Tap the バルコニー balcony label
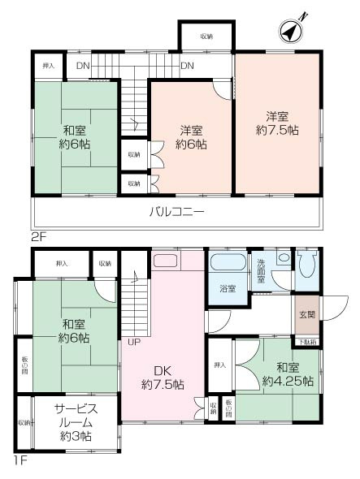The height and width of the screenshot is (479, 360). [176, 213]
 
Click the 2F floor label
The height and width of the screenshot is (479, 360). [39, 239]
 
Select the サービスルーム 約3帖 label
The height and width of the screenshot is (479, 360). [73, 422]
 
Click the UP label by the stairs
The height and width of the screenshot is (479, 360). [133, 342]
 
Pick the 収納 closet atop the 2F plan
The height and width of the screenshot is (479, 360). [206, 37]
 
